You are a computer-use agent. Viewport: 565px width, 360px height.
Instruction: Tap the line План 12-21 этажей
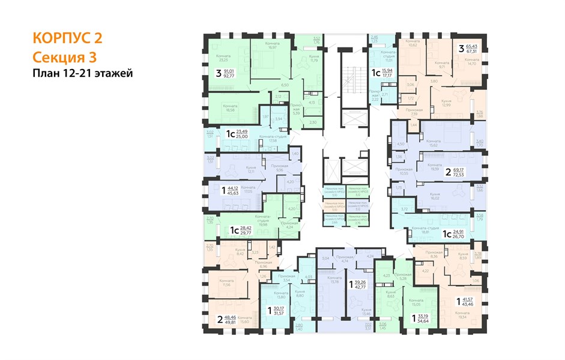(x=82, y=73)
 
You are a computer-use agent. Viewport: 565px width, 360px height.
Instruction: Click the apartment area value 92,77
(x=229, y=76)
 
